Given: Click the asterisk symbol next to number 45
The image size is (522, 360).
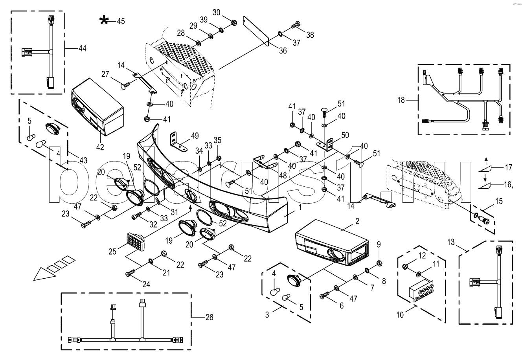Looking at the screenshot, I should pyautogui.click(x=104, y=21).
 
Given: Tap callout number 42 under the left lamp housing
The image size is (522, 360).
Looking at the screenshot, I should pyautogui.click(x=100, y=147).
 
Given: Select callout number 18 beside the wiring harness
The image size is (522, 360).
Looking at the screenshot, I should pyautogui.click(x=401, y=101).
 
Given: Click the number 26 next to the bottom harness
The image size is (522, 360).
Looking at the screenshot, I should pyautogui.click(x=209, y=317).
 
